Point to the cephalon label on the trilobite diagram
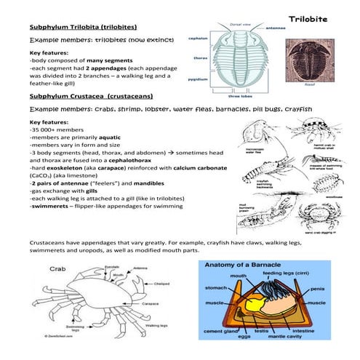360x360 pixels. point(199,37)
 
